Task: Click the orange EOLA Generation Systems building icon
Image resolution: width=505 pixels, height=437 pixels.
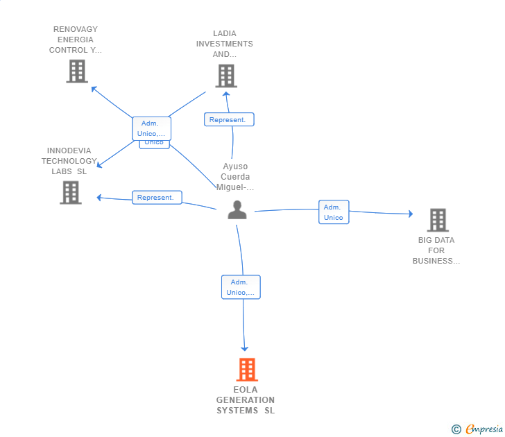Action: [247, 370]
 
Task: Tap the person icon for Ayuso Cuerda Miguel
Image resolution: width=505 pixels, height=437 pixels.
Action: [237, 210]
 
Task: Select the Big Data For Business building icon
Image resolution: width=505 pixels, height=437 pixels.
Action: [438, 220]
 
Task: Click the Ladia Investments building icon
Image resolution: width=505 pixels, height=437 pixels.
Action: [225, 76]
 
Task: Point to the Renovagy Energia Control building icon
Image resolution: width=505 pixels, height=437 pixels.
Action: [77, 71]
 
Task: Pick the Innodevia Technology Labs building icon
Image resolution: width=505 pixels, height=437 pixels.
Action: [71, 192]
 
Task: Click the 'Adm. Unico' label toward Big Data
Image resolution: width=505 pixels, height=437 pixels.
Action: [334, 212]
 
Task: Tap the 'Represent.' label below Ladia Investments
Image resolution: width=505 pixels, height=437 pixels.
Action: [229, 119]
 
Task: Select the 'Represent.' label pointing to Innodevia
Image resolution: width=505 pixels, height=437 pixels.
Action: [157, 198]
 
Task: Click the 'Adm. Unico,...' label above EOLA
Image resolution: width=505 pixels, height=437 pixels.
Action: [241, 287]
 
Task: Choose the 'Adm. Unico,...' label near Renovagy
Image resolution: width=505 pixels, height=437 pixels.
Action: [151, 128]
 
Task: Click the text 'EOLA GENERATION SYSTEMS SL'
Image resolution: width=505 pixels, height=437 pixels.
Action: [246, 400]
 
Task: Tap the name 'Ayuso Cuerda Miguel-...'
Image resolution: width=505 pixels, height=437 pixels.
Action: [235, 177]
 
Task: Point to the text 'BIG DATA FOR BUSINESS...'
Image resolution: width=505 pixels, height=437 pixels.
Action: [436, 250]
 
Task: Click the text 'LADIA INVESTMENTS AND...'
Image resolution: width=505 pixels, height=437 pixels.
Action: [225, 44]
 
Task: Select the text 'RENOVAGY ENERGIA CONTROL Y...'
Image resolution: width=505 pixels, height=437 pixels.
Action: [76, 40]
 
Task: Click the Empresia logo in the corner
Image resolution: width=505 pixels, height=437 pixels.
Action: [483, 429]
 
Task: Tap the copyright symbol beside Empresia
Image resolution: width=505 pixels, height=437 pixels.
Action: [456, 429]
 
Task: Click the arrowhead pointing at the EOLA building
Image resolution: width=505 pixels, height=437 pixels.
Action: [244, 348]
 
